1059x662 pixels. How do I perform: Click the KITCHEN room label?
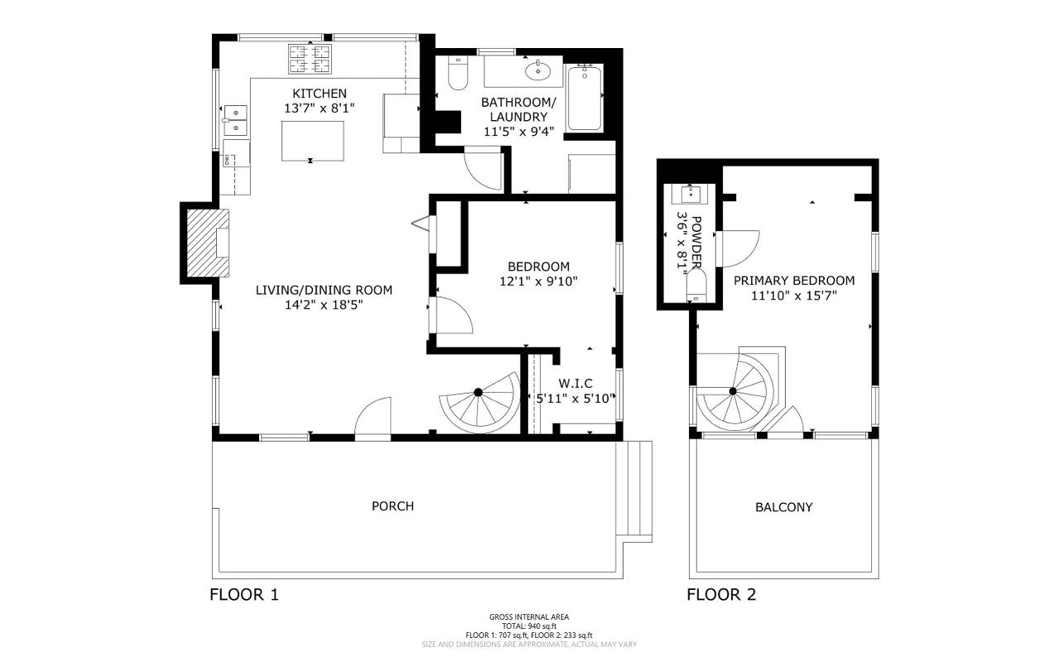pos(319,94)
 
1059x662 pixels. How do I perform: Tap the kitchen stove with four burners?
pos(310,59)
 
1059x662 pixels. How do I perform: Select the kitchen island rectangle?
pos(312,141)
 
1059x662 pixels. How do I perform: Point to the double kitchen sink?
pos(235,121)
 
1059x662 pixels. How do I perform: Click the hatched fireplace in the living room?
pos(208,244)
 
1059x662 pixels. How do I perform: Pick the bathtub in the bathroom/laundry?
pos(585,99)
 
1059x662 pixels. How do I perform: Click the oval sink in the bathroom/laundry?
pos(537,71)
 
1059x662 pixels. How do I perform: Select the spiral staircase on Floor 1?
pos(478,402)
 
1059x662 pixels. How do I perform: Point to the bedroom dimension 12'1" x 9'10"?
pos(538,282)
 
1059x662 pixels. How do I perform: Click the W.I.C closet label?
pos(575,383)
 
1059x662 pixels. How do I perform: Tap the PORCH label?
pos(392,506)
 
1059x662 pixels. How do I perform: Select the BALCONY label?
pos(784,507)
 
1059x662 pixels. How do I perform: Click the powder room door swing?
pos(738,249)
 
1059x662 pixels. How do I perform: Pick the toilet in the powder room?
pos(696,285)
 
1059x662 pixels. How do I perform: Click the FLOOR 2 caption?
pos(721,594)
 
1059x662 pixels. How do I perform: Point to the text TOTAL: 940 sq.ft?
pos(529,626)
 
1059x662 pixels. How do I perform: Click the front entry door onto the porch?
pos(373,418)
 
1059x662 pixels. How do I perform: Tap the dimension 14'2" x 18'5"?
pos(324,305)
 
